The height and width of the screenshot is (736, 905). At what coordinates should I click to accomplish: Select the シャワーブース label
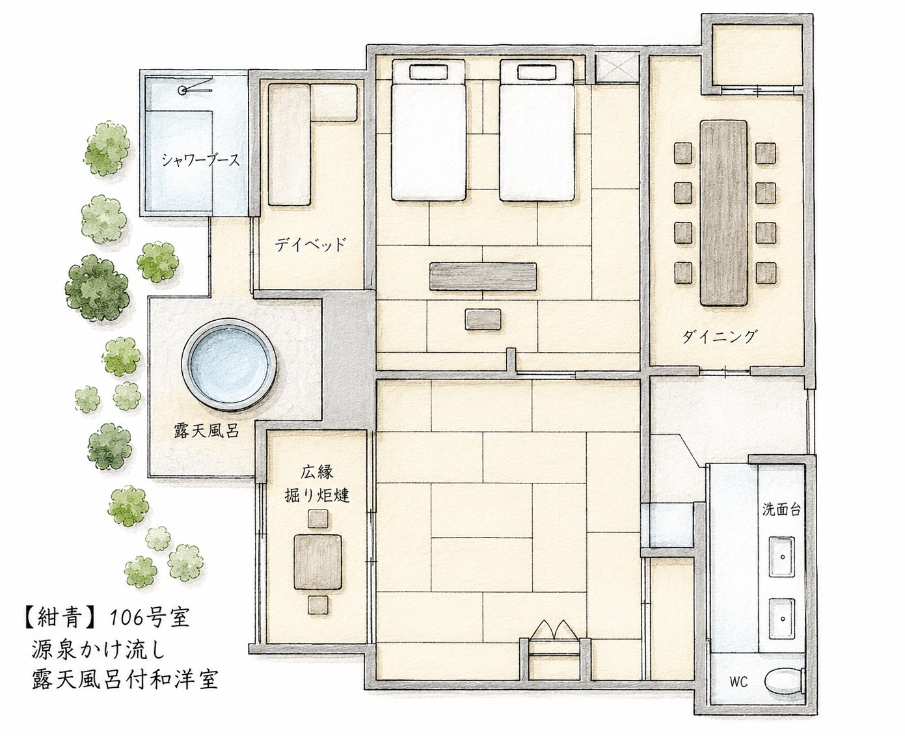coord(201,161)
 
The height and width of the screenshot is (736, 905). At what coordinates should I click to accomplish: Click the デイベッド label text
coord(310,244)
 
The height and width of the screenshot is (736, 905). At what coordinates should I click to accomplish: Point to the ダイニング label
coord(720,336)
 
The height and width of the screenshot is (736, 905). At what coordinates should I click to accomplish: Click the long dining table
coord(723,213)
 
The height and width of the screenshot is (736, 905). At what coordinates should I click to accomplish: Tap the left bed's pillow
coord(428,72)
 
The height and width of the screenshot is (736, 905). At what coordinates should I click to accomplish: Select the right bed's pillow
coord(537,72)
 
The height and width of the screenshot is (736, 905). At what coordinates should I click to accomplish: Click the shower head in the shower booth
coord(182,90)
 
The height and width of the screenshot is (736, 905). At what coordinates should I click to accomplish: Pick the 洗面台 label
coord(781,510)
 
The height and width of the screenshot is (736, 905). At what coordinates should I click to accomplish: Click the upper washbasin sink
coord(781,557)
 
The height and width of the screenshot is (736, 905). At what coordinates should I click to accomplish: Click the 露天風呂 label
coord(207,431)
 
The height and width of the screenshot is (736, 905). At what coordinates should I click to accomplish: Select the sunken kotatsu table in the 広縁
coord(317,562)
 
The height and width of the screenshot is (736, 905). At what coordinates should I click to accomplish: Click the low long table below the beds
coord(483,277)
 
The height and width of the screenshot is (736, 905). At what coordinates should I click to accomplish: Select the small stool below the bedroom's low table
coord(483,319)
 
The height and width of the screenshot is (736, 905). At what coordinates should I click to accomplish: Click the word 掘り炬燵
coord(317,495)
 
